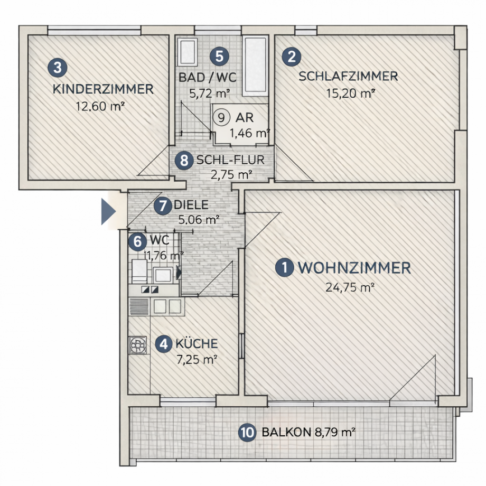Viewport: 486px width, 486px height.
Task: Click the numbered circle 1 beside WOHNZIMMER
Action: [285, 268]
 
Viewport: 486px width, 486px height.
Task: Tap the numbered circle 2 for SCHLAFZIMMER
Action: [290, 57]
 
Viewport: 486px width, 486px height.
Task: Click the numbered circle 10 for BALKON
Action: [247, 433]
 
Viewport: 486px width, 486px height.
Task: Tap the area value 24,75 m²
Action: [351, 288]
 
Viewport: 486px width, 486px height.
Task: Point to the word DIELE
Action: [191, 205]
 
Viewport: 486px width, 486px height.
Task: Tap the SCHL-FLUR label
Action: [230, 160]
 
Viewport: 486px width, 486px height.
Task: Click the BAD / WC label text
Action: [207, 77]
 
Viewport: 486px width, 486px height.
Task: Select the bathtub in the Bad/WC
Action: [255, 67]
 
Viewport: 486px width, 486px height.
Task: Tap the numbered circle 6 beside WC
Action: [137, 242]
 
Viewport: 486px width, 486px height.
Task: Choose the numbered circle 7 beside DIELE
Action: [163, 205]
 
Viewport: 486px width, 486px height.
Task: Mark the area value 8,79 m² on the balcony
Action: [333, 433]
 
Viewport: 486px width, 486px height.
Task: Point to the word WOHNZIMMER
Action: [354, 268]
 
